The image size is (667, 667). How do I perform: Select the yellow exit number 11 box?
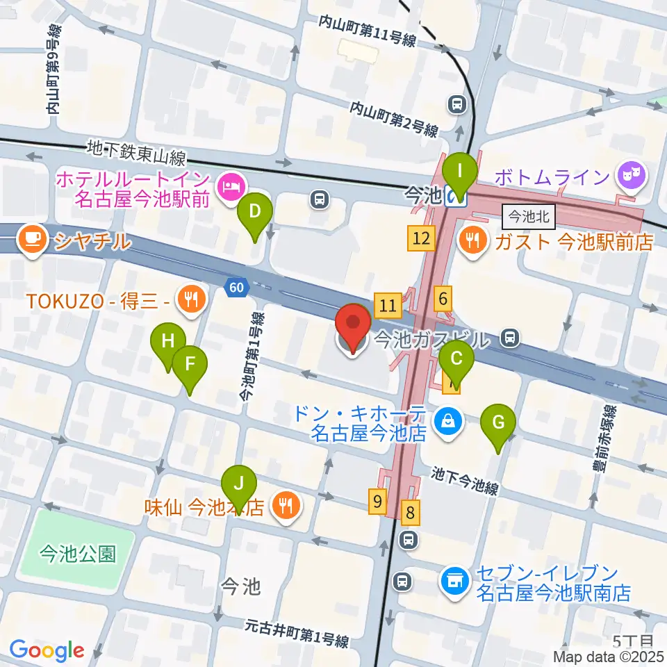(388, 304)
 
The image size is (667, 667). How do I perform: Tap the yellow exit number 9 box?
(377, 502)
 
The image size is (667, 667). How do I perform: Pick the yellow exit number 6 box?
(443, 299)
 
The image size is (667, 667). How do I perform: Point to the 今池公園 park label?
(77, 554)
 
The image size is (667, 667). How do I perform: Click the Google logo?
(47, 650)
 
